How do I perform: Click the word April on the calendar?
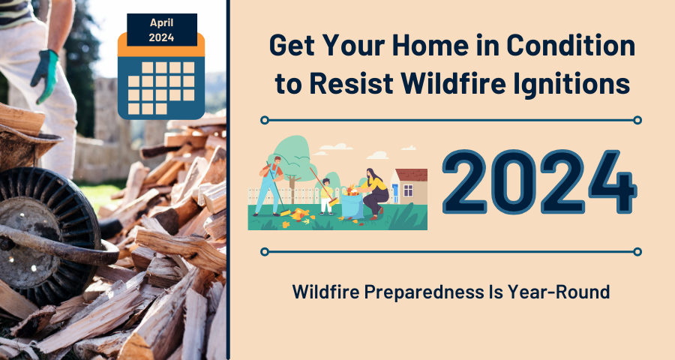click(x=161, y=22)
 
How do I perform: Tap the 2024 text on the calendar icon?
click(x=161, y=37)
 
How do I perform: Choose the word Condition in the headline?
click(x=571, y=45)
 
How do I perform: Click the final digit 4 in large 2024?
click(x=613, y=181)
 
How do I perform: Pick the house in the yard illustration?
click(x=409, y=186)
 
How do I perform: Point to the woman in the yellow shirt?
click(x=373, y=193)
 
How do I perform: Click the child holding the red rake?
click(x=327, y=196)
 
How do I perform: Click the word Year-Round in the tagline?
click(x=559, y=292)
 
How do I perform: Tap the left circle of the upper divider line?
click(x=265, y=120)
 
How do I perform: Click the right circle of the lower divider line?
click(x=637, y=251)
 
